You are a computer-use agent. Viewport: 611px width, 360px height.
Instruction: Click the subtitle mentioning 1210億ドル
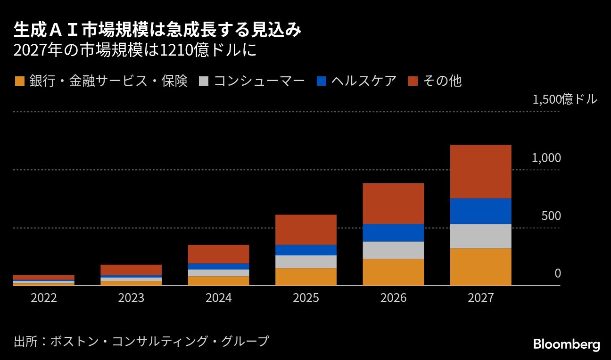135,50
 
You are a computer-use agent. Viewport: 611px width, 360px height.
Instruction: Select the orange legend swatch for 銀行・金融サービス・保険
19,81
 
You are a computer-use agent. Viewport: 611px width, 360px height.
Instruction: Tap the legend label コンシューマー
259,81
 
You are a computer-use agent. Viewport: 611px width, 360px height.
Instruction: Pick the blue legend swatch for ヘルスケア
322,81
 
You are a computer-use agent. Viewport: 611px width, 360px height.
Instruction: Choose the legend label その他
442,81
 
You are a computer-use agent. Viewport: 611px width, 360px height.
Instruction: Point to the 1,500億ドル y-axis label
564,99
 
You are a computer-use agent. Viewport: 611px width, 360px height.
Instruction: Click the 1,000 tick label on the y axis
546,158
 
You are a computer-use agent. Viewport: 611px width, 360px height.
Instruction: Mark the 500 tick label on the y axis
551,216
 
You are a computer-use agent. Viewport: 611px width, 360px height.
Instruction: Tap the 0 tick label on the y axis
557,274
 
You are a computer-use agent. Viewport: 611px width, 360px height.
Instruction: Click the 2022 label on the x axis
44,298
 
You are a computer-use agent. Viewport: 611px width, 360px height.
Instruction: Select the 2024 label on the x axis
218,298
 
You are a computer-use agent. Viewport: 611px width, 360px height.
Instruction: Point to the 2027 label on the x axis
480,298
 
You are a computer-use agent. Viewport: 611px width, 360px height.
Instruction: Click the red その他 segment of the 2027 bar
480,172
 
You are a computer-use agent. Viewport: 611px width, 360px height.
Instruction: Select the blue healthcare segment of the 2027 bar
480,211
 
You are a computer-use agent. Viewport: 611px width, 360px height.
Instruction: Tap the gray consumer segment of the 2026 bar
393,250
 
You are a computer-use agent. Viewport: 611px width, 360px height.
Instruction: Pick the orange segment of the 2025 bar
306,277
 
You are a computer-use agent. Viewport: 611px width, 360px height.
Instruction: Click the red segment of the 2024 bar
218,254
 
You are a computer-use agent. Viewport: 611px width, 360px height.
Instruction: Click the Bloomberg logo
566,344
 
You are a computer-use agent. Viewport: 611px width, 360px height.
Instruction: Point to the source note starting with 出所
141,341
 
